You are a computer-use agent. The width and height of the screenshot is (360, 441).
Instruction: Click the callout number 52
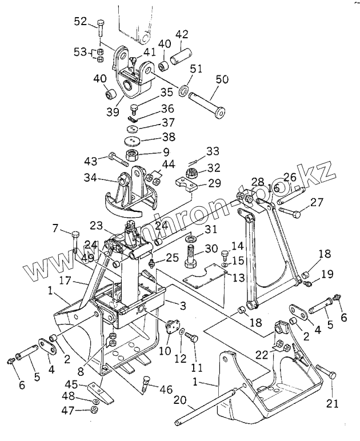[x=80, y=22]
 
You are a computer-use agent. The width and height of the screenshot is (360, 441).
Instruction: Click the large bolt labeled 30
[x=192, y=255]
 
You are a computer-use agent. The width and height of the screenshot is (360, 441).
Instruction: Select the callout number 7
[x=56, y=230]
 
